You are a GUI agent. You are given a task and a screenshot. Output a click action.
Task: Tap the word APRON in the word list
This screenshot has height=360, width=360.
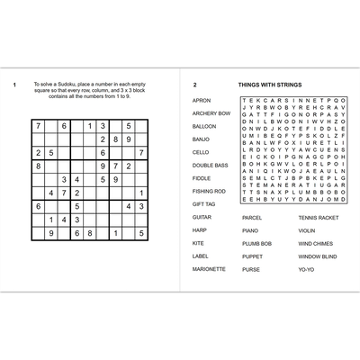[x=201, y=101]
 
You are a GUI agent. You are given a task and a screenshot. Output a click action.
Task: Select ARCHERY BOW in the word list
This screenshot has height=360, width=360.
[x=211, y=113]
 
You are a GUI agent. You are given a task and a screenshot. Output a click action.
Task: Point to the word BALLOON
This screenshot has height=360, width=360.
[x=203, y=127]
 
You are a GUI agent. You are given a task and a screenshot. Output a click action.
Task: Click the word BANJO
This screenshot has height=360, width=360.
[x=201, y=139]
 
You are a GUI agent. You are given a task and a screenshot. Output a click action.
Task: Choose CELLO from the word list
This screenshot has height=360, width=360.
[x=201, y=152]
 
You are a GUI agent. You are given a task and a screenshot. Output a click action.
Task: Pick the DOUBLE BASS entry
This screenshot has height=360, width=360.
[x=210, y=166]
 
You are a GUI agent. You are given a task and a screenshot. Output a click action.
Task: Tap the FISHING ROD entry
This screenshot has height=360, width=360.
[x=209, y=191]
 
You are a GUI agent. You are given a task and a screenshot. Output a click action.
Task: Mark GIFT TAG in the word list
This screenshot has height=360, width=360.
[x=203, y=204]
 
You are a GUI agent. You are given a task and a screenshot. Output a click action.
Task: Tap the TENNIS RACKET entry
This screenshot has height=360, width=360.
[x=319, y=217]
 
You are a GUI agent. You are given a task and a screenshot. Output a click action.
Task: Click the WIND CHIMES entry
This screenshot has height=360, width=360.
[x=315, y=243]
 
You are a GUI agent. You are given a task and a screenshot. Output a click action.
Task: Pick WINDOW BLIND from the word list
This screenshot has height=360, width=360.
[x=317, y=256]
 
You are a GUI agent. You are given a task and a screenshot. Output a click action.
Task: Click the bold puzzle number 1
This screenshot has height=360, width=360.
[x=15, y=85]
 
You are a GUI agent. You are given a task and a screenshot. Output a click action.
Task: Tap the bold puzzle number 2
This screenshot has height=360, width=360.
[x=194, y=85]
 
